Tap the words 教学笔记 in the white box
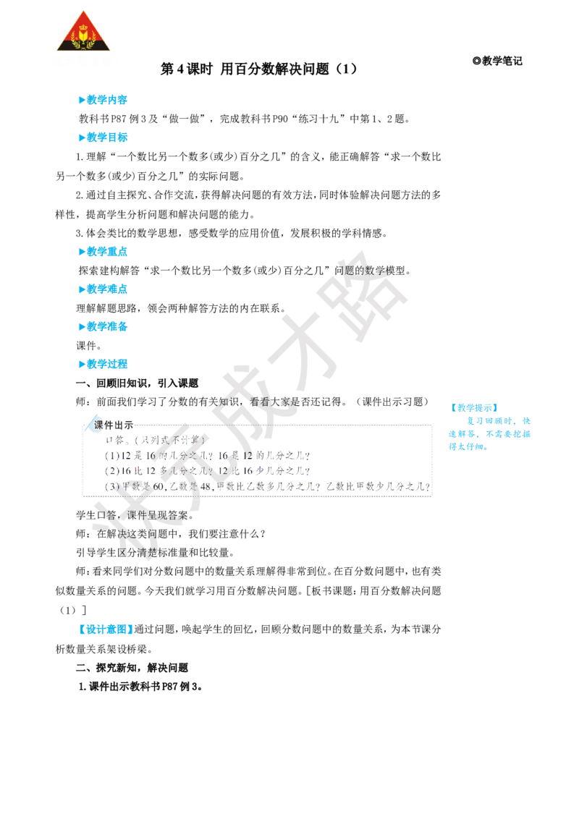coord(502,61)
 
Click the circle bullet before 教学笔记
coord(476,61)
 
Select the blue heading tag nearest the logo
coord(103,101)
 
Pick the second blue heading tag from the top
coord(103,137)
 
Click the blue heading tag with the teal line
coord(102,252)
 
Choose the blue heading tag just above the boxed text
coord(103,364)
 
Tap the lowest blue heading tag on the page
coord(105,629)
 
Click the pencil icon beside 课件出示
coord(89,425)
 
